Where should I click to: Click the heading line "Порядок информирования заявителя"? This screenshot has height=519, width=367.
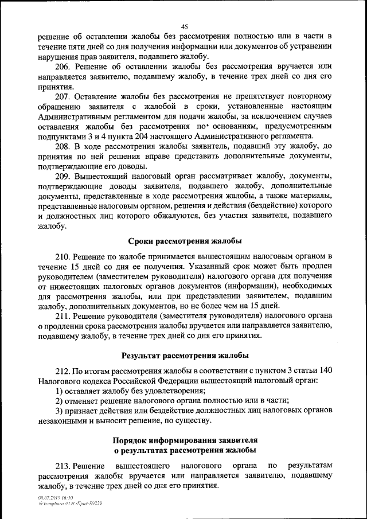click(184, 439)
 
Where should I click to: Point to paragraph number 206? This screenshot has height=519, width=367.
click(63, 67)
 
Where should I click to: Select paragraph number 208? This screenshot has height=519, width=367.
click(63, 146)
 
